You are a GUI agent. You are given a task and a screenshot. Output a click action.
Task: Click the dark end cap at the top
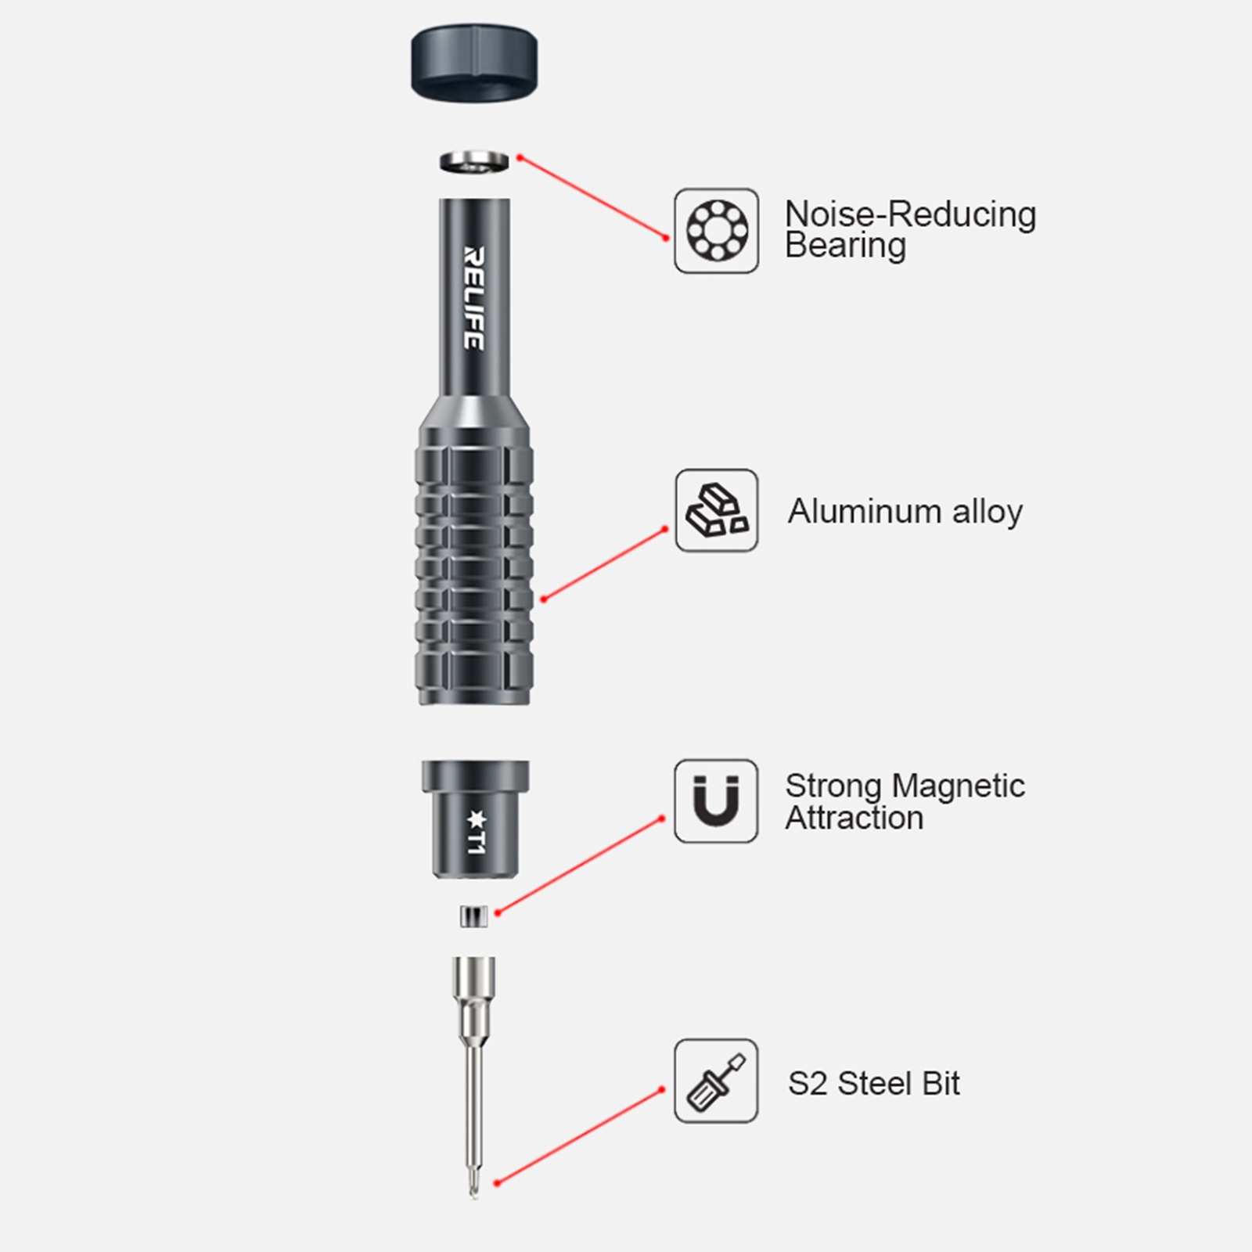(474, 63)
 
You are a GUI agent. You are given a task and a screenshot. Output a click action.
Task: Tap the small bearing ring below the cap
(474, 163)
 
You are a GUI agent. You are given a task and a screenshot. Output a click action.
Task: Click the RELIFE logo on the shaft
(474, 298)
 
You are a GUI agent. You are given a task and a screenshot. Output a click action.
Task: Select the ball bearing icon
(717, 231)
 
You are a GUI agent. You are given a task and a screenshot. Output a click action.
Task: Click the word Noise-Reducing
(910, 214)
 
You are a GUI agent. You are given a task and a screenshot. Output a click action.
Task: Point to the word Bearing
(845, 246)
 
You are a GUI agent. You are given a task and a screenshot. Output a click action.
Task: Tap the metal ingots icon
(717, 510)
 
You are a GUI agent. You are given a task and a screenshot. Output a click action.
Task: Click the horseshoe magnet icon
(717, 801)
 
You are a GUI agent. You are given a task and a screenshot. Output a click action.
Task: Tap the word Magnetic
(959, 786)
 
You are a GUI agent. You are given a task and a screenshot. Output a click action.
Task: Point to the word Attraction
(854, 818)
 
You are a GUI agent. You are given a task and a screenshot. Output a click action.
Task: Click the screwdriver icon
(717, 1081)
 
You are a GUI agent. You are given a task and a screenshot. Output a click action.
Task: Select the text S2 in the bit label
(807, 1085)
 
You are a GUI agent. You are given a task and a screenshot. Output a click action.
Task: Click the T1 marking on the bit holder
(476, 834)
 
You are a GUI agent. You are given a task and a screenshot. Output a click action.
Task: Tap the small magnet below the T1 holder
(474, 916)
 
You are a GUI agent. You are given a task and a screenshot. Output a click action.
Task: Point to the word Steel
(876, 1085)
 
